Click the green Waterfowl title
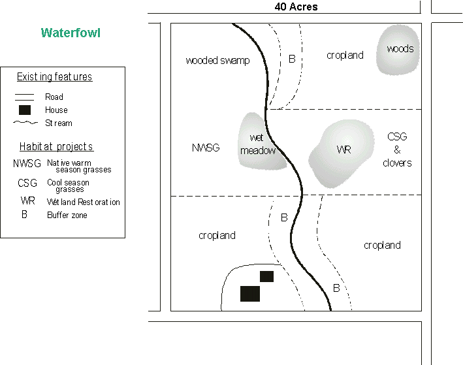point(71,33)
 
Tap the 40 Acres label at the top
point(296,7)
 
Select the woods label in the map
point(400,49)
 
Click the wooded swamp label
point(217,61)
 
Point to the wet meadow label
point(258,144)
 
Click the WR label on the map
point(343,150)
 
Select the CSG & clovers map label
point(397,150)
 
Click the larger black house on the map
point(250,294)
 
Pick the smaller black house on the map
point(266,276)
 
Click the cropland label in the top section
point(345,56)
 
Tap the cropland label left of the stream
point(217,235)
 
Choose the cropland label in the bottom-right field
point(382,246)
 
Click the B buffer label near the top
point(292,59)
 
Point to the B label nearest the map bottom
point(336,288)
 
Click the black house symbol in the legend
point(25,110)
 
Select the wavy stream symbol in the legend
point(25,123)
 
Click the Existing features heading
point(54,77)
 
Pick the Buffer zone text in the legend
point(67,215)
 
